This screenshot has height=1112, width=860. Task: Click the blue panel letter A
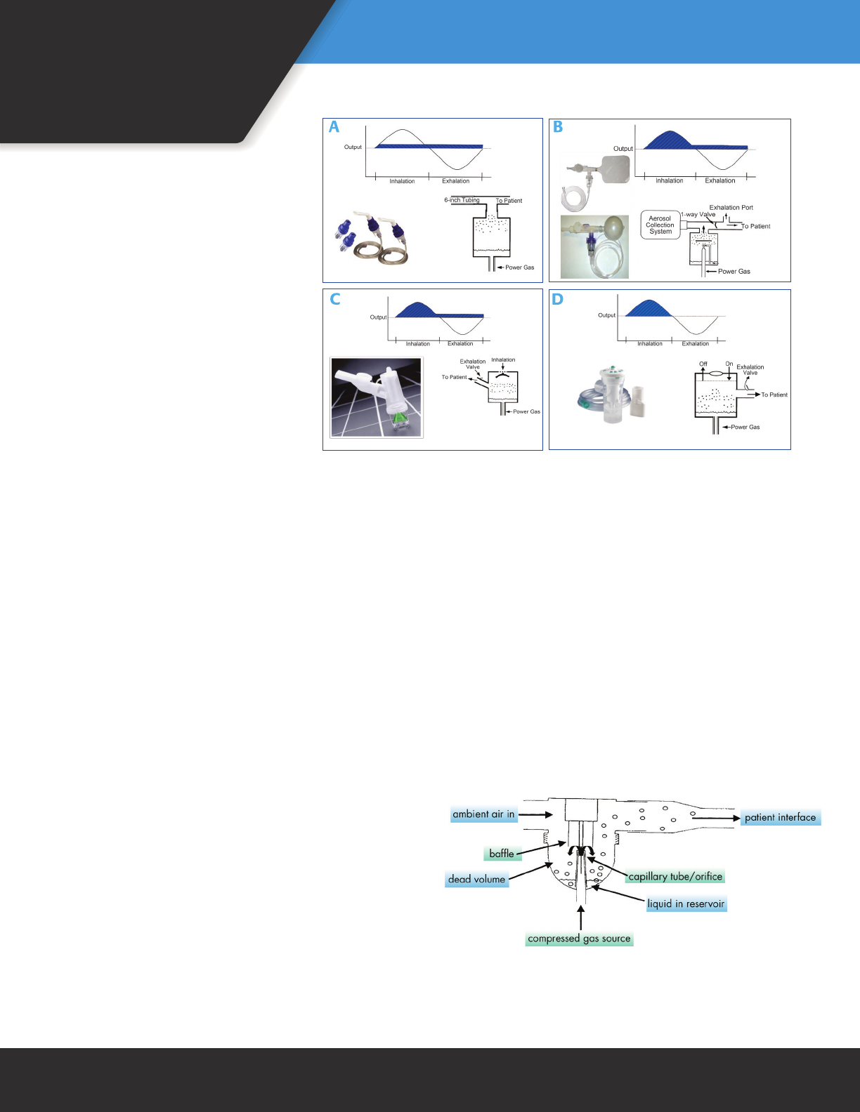click(334, 127)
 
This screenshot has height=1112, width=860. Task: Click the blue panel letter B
click(559, 127)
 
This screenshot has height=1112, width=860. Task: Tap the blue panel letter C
click(335, 299)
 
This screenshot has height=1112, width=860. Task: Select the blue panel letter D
click(558, 299)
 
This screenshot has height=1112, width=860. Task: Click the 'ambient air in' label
click(483, 814)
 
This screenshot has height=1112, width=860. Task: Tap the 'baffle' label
click(502, 854)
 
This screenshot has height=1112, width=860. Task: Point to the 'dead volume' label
click(476, 879)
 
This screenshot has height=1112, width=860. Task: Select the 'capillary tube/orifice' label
click(675, 876)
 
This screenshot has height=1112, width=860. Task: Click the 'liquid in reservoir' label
click(686, 903)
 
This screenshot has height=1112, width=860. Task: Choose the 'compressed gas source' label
click(579, 939)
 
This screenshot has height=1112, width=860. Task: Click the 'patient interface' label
click(780, 817)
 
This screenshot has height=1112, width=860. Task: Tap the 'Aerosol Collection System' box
click(660, 225)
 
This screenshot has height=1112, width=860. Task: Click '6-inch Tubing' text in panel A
click(462, 200)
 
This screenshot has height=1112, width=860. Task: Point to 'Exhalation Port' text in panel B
click(731, 208)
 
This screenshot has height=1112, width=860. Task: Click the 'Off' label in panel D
click(703, 364)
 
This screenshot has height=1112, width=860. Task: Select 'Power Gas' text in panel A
click(519, 267)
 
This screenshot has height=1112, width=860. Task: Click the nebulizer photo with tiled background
click(377, 398)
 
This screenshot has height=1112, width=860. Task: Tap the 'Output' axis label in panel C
click(378, 317)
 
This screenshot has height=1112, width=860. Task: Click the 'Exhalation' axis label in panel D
click(695, 344)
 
